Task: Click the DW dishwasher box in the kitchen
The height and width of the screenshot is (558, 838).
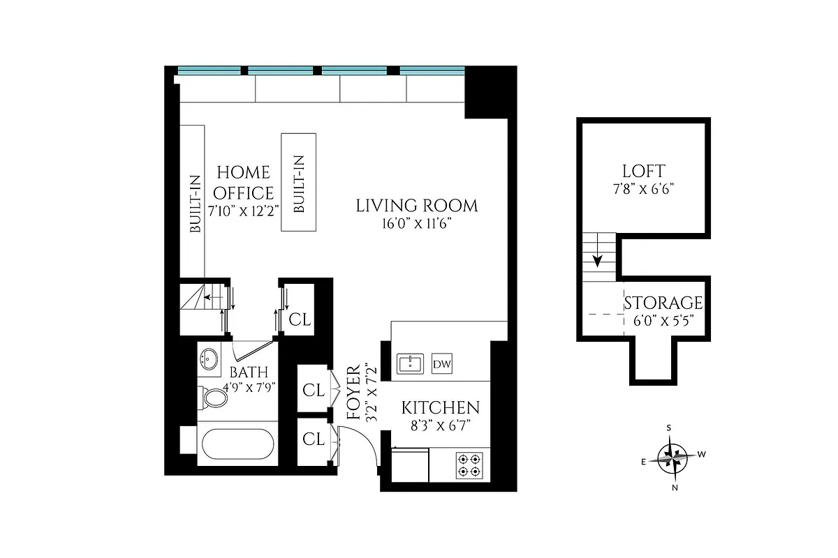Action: point(441,363)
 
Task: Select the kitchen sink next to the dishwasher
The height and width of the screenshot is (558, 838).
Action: point(410,363)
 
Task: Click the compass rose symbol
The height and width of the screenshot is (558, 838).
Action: point(672,458)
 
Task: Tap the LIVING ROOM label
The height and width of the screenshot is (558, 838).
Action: point(417,206)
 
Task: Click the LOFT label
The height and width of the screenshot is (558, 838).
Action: point(643,171)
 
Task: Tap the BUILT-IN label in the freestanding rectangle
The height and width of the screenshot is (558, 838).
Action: point(298,182)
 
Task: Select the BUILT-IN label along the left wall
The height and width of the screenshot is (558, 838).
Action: point(194,203)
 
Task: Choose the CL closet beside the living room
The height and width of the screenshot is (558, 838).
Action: point(300,319)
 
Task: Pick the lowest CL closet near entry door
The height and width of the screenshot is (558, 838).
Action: point(313,439)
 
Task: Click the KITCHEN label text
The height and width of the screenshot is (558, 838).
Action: point(440,408)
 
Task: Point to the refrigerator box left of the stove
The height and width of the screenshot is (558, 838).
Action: point(410,465)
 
